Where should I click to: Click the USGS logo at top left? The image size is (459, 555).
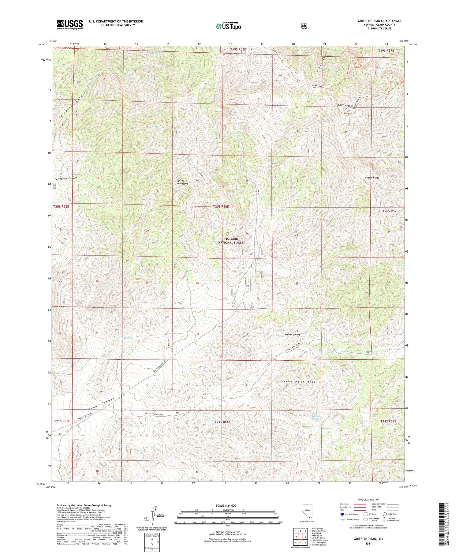coord(70,24)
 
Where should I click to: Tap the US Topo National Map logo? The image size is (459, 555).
coord(228,26)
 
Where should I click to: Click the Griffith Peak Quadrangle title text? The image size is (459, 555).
coord(379,21)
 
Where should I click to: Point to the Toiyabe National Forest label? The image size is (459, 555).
coord(232,240)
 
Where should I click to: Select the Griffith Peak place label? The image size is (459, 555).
coord(344,105)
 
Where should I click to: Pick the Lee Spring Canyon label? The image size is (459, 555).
coord(66,178)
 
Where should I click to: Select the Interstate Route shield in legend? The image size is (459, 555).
coord(342,514)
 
